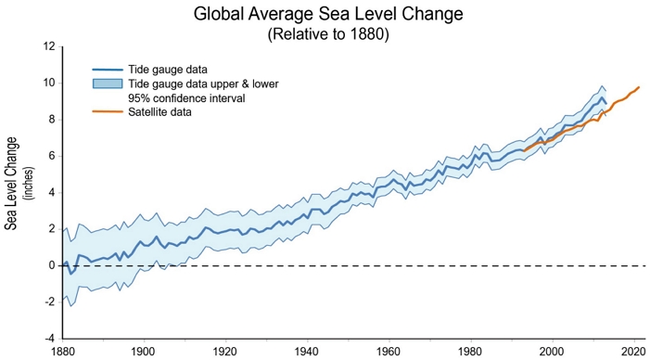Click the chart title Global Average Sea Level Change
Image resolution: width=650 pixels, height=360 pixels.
(x=328, y=15)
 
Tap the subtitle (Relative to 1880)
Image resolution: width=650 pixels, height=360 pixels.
(x=328, y=34)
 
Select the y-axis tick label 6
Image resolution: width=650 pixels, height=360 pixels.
(x=53, y=157)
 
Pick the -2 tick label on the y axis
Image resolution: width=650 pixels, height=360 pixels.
(x=51, y=302)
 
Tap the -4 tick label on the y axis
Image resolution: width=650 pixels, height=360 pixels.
(x=51, y=339)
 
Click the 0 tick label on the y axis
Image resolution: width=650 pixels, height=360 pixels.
(x=53, y=266)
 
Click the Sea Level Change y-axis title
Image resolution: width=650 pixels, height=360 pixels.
(x=12, y=184)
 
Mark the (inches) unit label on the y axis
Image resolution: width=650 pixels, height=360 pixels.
(x=31, y=184)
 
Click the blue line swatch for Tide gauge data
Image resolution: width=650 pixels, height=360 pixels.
(x=108, y=70)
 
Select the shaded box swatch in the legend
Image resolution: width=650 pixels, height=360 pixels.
(x=108, y=84)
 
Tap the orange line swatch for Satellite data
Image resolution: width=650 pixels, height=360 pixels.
(x=108, y=112)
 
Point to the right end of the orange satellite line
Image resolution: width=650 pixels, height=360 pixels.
(x=639, y=87)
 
